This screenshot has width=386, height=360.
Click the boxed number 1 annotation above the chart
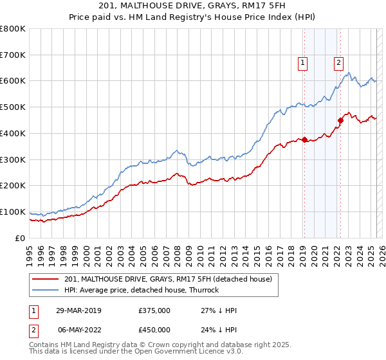(x=302, y=62)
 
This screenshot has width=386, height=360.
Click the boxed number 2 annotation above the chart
(x=338, y=62)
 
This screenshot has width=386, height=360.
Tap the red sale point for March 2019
(x=304, y=139)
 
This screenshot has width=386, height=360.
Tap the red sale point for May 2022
(x=340, y=120)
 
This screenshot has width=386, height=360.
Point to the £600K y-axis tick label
(x=13, y=81)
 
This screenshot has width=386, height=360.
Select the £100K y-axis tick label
(x=13, y=212)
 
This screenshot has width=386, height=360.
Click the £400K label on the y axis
(x=13, y=133)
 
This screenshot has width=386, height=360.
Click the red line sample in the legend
(x=45, y=279)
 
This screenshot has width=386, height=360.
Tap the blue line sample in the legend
(x=45, y=290)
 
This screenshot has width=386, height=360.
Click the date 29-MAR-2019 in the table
(x=78, y=310)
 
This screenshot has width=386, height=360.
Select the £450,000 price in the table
(x=154, y=330)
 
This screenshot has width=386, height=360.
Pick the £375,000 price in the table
(x=154, y=310)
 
